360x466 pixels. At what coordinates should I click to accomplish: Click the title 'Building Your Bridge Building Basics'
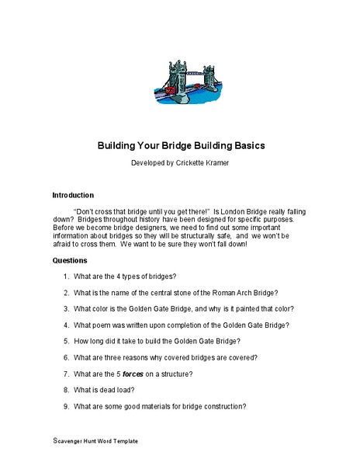pos(180,145)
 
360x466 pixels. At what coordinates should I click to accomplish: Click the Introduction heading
pos(73,195)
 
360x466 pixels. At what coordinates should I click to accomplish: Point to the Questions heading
pos(70,260)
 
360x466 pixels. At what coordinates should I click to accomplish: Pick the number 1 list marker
pos(67,276)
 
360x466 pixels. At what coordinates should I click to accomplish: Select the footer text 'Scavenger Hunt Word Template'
pos(95,440)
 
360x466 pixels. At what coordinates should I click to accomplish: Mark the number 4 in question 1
pos(123,276)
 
